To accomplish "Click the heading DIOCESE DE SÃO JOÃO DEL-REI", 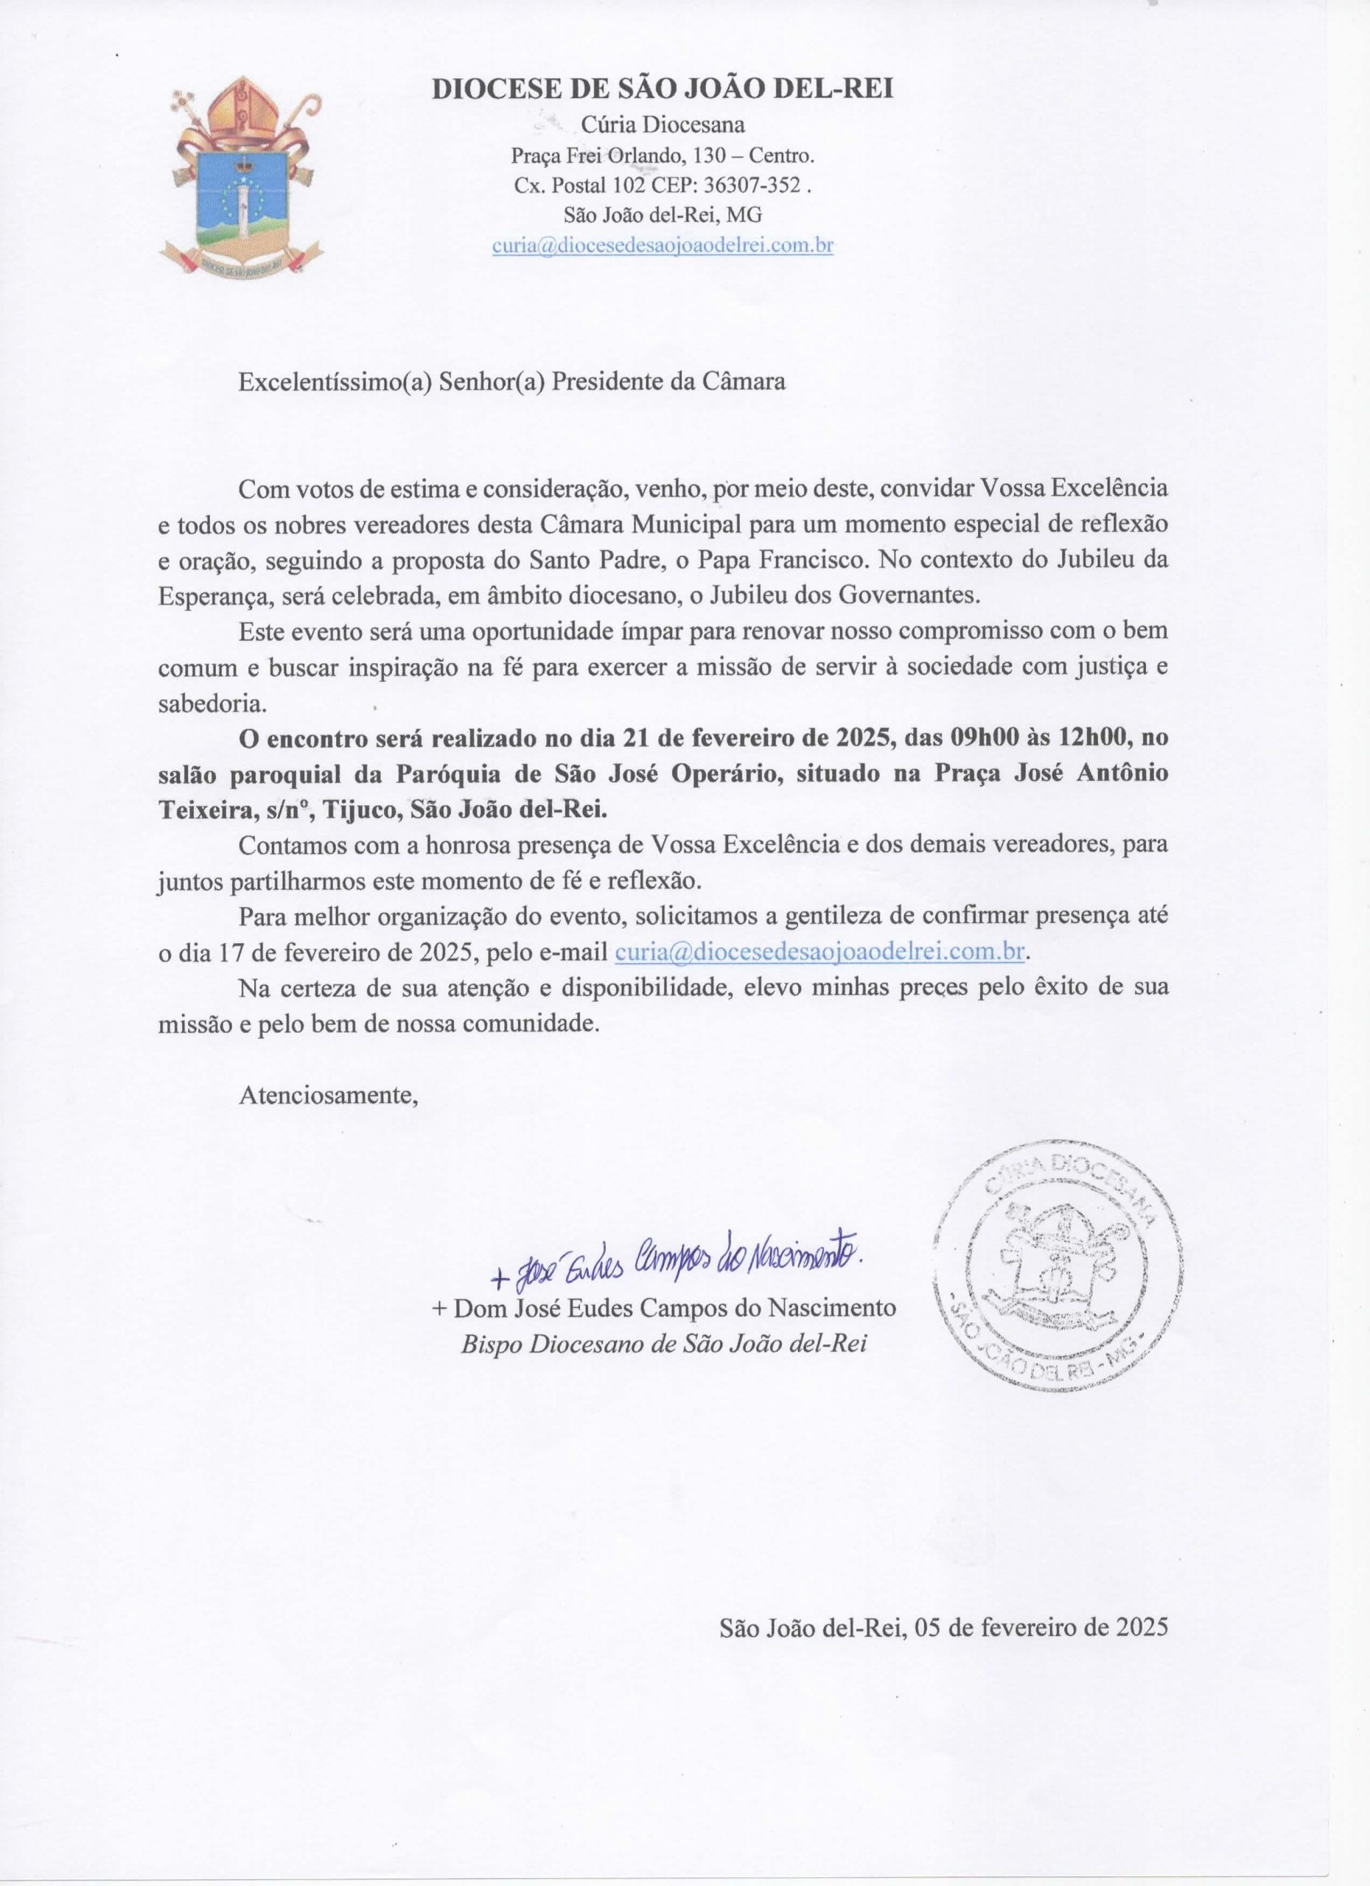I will [662, 89].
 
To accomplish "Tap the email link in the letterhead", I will [662, 245].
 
